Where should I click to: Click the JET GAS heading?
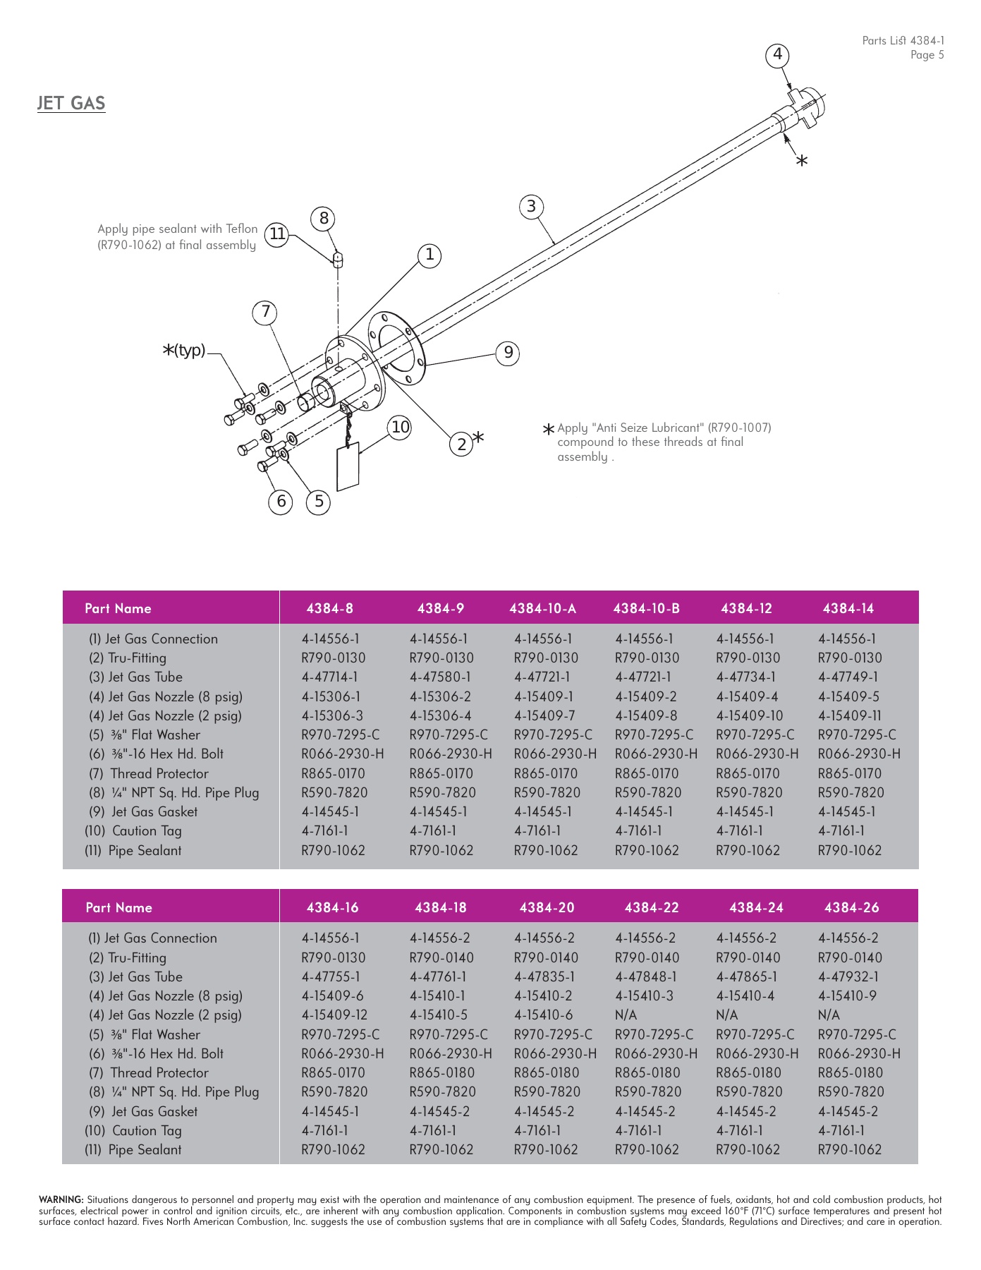coord(71,103)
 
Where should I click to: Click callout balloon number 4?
coord(777,54)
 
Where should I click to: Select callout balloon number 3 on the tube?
coord(531,207)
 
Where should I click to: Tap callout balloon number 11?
coord(277,234)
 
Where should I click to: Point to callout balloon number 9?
coord(508,353)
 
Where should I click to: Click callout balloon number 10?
coord(400,427)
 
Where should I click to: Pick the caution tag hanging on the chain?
coord(348,466)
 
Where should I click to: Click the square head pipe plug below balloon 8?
coord(338,259)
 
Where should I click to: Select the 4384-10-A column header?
coord(542,608)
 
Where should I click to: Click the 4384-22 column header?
coord(651,907)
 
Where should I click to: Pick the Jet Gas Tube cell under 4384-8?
coord(330,677)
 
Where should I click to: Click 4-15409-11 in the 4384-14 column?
coord(850,715)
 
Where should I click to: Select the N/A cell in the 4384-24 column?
coord(726,1015)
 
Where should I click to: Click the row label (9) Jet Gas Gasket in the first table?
coord(143,811)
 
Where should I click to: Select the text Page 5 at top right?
coord(926,55)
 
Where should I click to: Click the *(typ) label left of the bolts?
coord(185,350)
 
